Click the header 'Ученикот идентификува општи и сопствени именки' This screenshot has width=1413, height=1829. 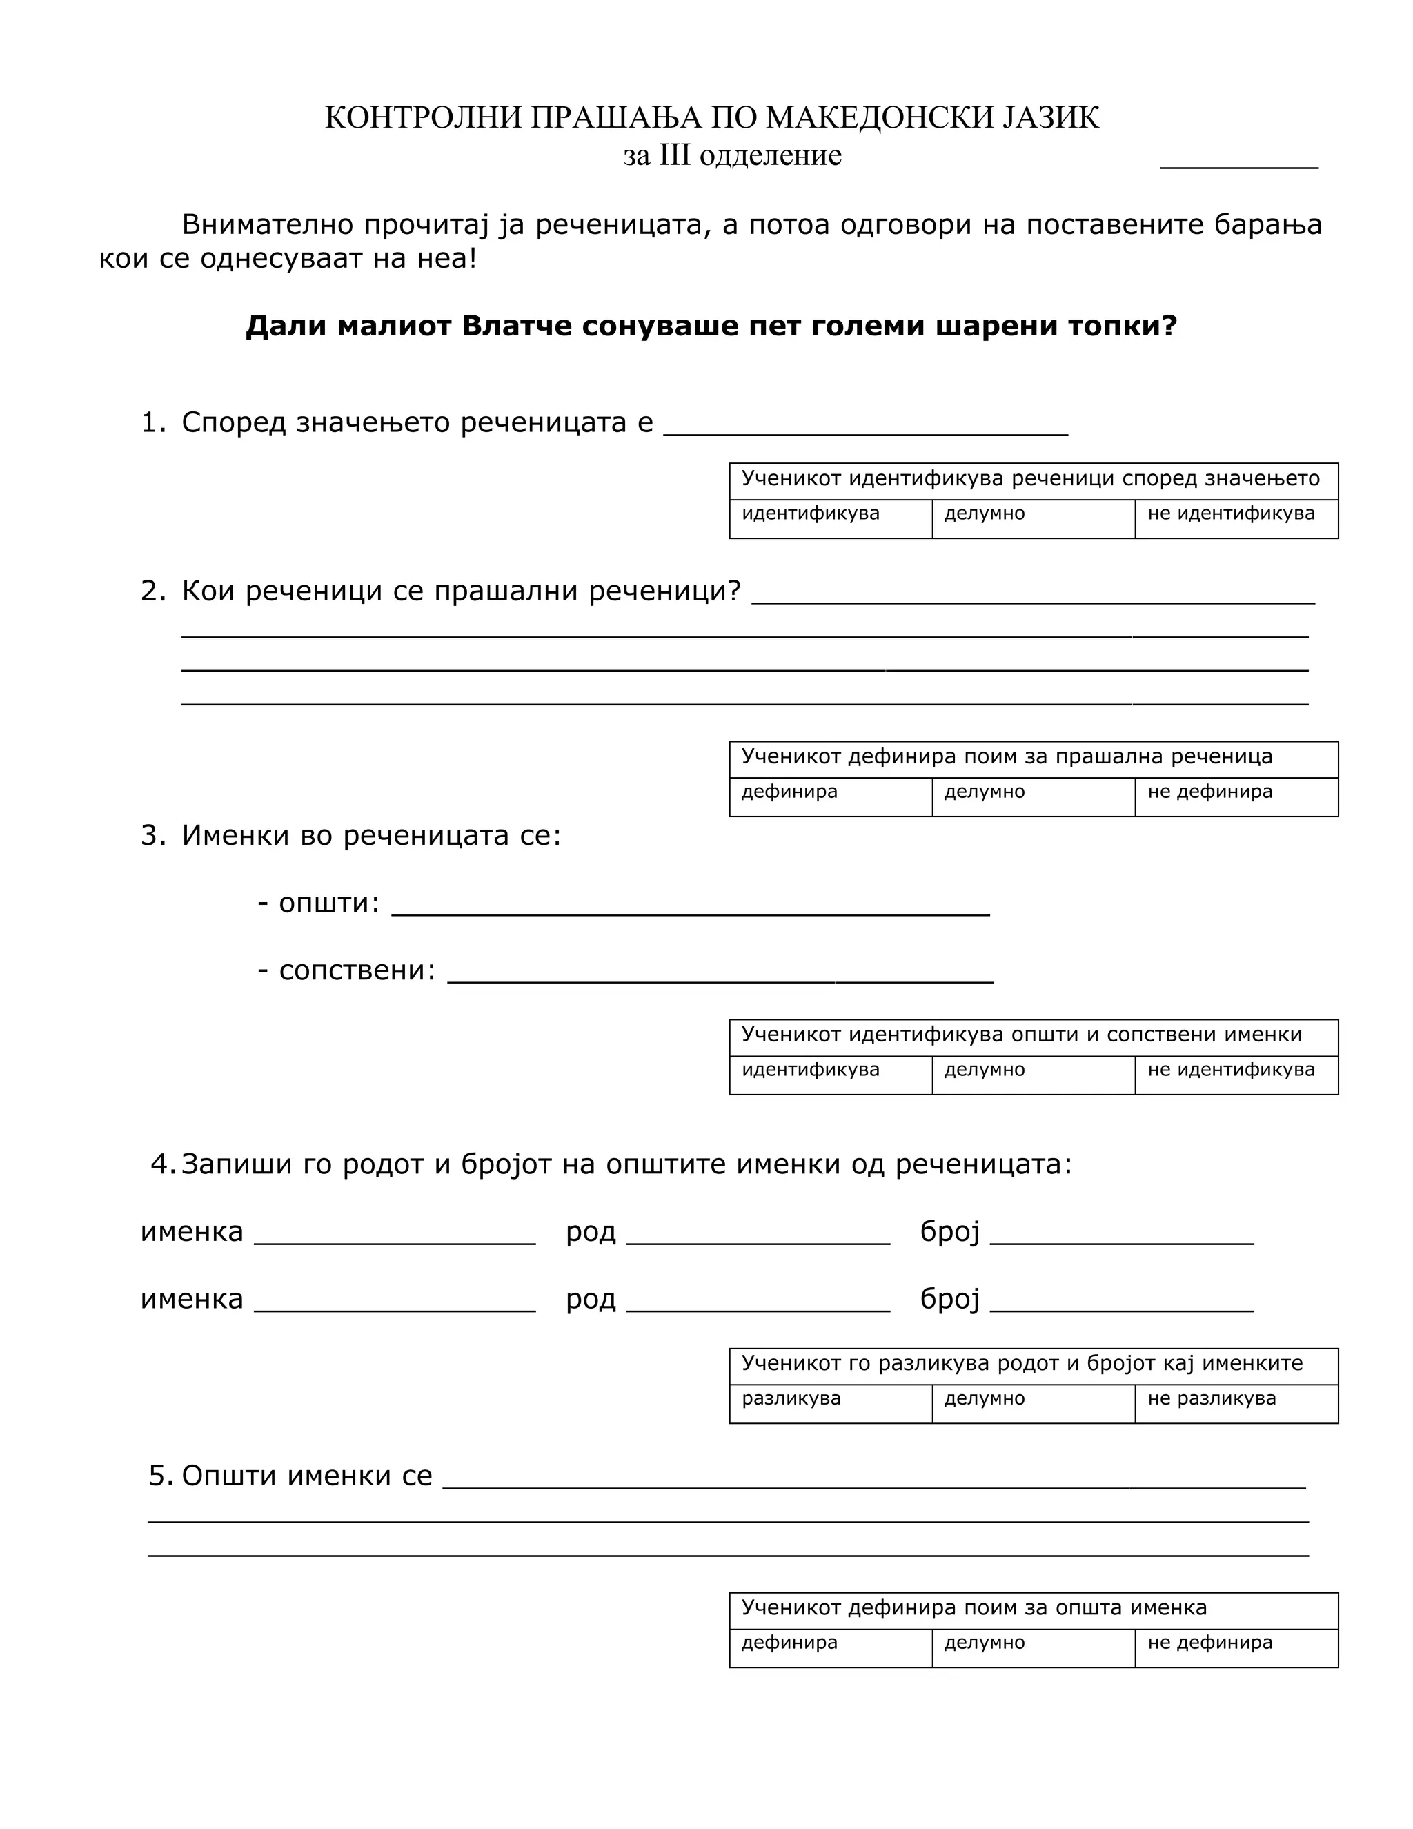point(1021,1035)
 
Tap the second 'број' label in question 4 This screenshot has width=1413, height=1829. point(949,1299)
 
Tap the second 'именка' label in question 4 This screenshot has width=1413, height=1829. point(192,1299)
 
